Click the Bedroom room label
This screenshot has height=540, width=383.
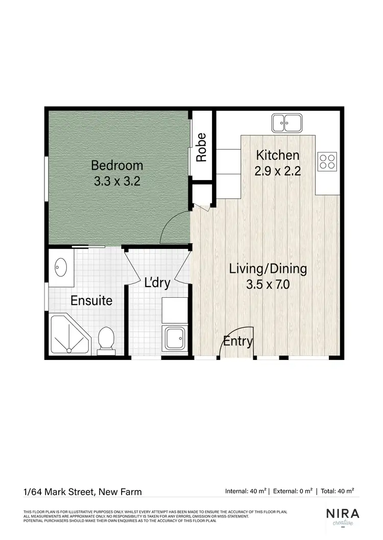[x=117, y=165]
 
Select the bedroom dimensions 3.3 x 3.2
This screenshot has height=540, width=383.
[x=117, y=181]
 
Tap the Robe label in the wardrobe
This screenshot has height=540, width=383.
[x=202, y=147]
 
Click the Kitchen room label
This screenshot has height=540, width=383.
[x=277, y=155]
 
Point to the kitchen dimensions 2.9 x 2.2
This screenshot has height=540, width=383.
[x=277, y=171]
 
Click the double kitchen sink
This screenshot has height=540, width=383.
[x=286, y=122]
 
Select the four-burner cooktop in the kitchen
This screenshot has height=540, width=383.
[x=327, y=161]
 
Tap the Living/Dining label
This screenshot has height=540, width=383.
[x=268, y=269]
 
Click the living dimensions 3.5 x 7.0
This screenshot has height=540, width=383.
[x=268, y=285]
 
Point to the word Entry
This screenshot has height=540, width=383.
[x=238, y=341]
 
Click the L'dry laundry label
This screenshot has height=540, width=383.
[x=157, y=283]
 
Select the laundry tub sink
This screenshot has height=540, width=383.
[x=174, y=337]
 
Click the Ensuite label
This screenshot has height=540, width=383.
[x=91, y=300]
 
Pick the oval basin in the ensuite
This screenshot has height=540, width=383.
[x=60, y=266]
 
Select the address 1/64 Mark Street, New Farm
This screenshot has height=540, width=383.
[x=83, y=492]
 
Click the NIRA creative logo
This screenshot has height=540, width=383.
[x=343, y=516]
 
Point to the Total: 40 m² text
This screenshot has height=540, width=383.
[x=337, y=491]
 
